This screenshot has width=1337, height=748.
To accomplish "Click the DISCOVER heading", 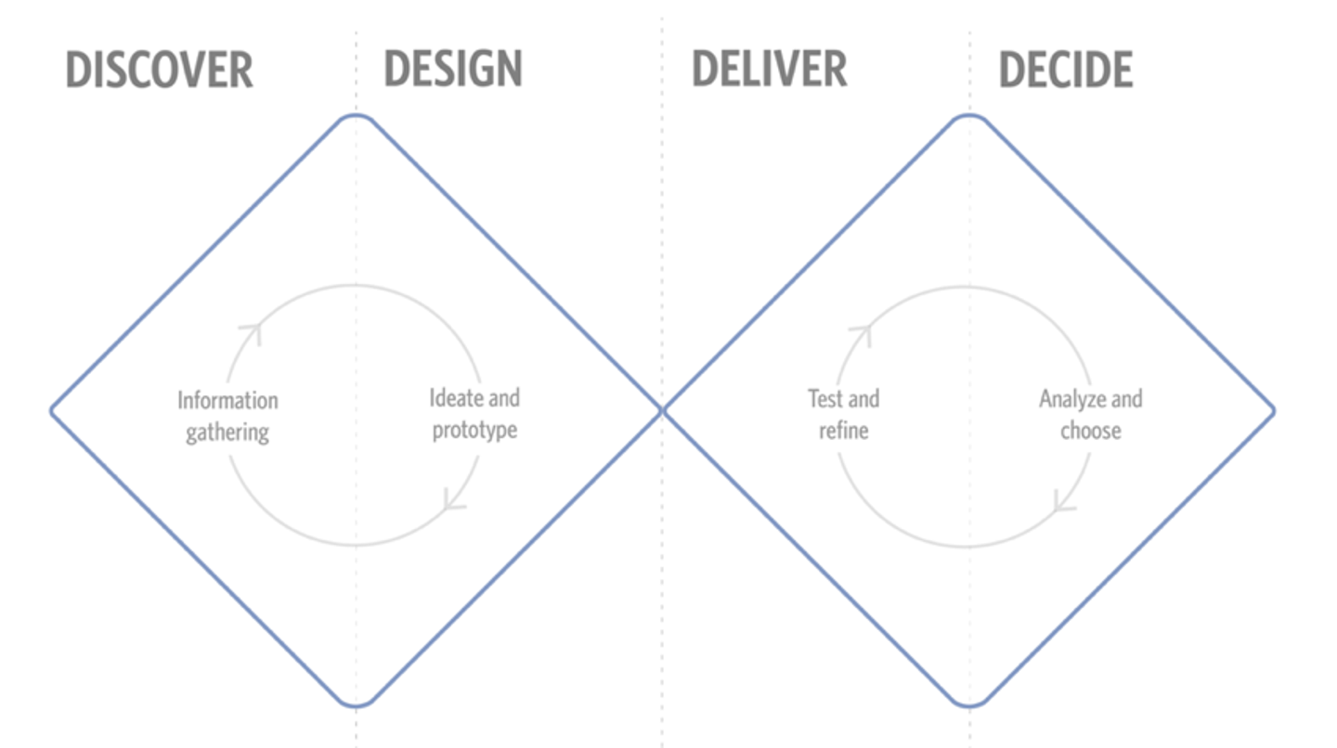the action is (x=160, y=70).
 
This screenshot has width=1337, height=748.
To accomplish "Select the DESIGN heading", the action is (x=453, y=69).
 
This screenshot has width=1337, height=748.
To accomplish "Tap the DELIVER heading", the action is (x=770, y=70).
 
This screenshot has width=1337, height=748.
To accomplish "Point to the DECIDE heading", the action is (x=1066, y=70).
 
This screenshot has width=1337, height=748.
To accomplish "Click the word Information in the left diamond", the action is (x=228, y=400).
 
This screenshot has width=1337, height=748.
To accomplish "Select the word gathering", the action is (x=227, y=432).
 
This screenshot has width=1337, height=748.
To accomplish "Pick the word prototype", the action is (x=474, y=430).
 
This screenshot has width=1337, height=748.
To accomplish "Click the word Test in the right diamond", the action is (x=826, y=398).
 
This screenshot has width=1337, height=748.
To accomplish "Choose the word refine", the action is (x=843, y=430).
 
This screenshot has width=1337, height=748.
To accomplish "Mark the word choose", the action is (x=1090, y=431).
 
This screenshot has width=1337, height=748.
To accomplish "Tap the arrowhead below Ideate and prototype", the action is (x=452, y=502).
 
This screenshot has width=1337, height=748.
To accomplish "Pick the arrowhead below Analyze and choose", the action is (x=1062, y=504).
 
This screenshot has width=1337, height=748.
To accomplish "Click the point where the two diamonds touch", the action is (x=662, y=411).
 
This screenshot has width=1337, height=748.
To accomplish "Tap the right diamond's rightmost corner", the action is (x=1273, y=411).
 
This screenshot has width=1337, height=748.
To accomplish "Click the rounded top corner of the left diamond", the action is (x=356, y=116).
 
